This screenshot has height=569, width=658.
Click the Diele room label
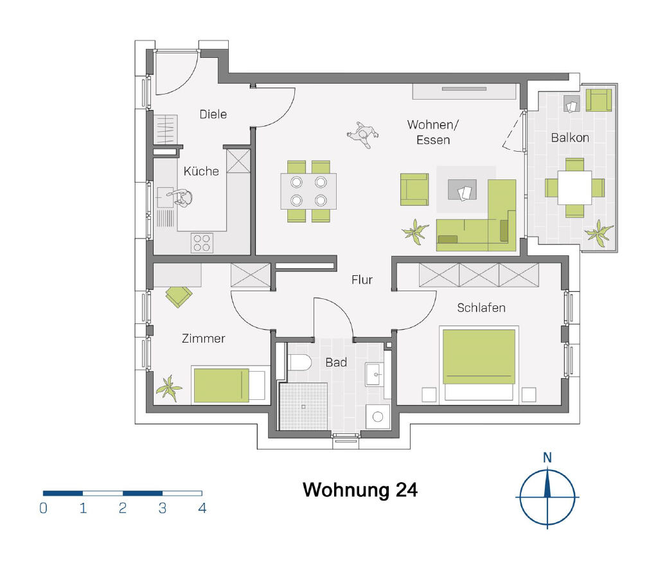coord(213,114)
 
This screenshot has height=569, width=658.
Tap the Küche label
coord(201,171)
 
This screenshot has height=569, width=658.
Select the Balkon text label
coord(570,138)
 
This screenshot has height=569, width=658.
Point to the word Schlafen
coord(481,308)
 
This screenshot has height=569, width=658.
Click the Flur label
coord(362,280)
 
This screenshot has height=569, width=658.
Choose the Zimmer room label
coord(204,338)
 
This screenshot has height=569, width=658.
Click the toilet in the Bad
coord(299,363)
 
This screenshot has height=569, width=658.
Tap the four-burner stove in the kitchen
coord(202,243)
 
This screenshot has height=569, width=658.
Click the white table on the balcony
coord(574,188)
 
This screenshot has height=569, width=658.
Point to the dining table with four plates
coord(308,191)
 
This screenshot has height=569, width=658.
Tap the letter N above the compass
coord(547,458)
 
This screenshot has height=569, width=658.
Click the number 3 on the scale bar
coord(163,508)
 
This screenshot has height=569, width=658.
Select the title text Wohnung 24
coord(360,490)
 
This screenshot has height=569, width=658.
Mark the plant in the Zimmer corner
coord(169,388)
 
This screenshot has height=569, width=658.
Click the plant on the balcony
coord(600,233)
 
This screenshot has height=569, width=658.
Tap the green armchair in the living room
coord(414,190)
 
